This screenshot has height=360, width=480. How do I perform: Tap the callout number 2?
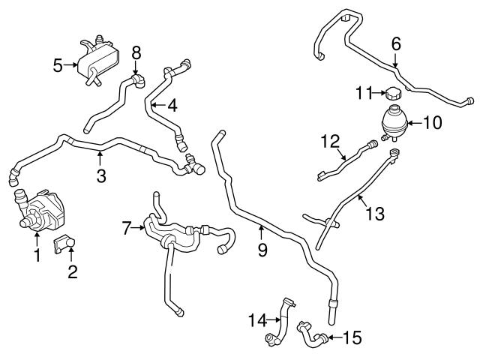(x=72, y=271)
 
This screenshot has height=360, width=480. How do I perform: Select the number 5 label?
(x=57, y=65)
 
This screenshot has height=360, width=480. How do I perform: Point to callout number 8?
(x=136, y=52)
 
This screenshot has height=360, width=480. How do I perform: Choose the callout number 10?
(x=433, y=121)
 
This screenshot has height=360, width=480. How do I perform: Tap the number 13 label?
(x=374, y=213)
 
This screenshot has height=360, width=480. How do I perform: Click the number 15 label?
(x=352, y=337)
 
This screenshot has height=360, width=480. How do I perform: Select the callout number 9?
(x=262, y=250)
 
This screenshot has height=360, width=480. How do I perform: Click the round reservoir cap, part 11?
(x=394, y=94)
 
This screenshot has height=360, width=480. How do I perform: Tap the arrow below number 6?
(x=395, y=64)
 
